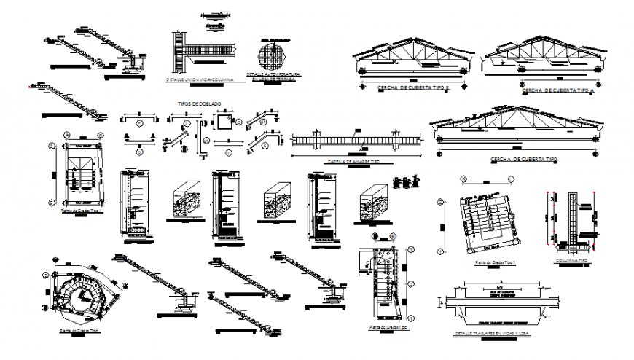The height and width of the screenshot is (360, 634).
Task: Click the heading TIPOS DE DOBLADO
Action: coord(199,104)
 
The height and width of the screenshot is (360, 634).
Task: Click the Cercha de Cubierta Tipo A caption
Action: coord(555,91)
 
